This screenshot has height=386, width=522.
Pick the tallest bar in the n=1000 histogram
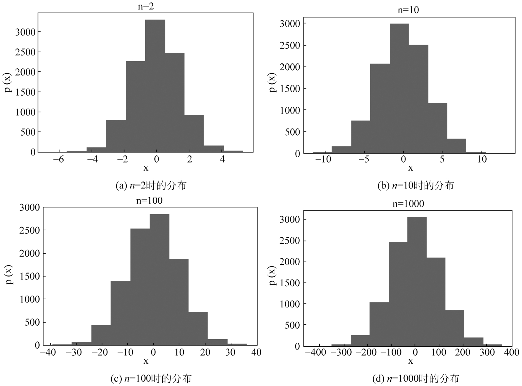pyautogui.click(x=417, y=282)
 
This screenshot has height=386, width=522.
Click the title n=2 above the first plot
pyautogui.click(x=146, y=7)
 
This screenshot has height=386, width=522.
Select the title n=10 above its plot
pyautogui.click(x=408, y=10)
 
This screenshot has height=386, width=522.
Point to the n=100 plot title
pyautogui.click(x=149, y=201)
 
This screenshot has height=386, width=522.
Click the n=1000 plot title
pyautogui.click(x=408, y=204)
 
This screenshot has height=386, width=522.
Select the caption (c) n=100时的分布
pyautogui.click(x=151, y=378)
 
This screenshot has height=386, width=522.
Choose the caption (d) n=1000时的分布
pyautogui.click(x=415, y=378)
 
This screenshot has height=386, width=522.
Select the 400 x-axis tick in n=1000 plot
pyautogui.click(x=511, y=352)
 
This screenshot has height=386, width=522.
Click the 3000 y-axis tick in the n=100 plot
pyautogui.click(x=30, y=208)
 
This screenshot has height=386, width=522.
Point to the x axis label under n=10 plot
pyautogui.click(x=410, y=168)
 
